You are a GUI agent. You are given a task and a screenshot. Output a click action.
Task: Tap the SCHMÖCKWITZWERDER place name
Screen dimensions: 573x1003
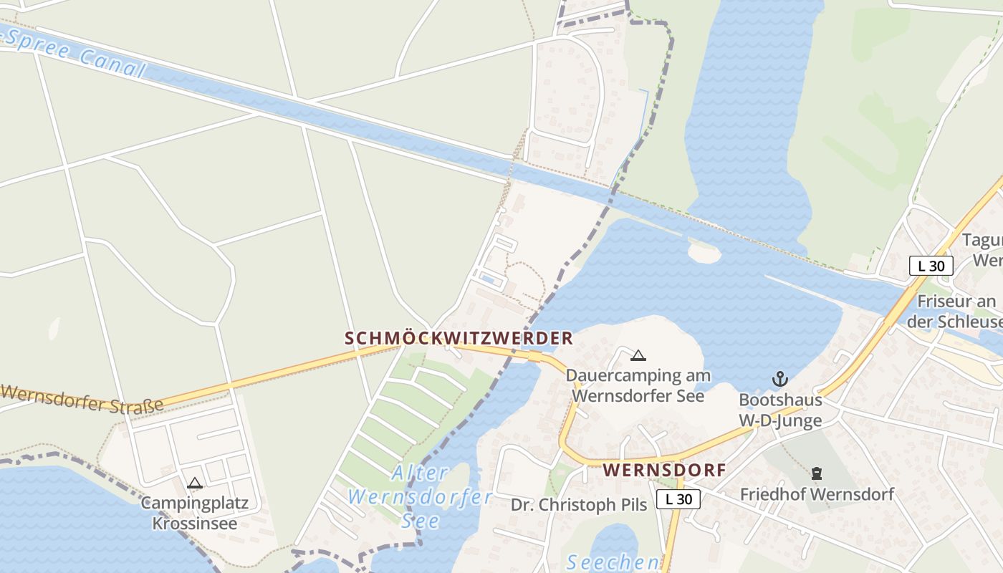(459, 338)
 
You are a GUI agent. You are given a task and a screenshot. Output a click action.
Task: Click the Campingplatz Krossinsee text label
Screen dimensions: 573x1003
(194, 513)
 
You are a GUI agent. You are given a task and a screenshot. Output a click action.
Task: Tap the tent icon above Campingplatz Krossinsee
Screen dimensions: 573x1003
(194, 483)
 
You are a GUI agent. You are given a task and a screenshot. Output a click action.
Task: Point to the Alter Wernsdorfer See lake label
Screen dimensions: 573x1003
(421, 496)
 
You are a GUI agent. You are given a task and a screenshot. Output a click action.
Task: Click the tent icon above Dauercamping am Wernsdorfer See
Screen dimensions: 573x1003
(638, 355)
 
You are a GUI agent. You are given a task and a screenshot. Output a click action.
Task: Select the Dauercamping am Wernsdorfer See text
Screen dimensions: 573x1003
(638, 385)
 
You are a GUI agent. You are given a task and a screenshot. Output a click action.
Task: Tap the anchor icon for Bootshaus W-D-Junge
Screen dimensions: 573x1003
(779, 379)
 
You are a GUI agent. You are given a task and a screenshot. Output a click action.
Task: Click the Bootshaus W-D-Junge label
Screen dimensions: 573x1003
(780, 410)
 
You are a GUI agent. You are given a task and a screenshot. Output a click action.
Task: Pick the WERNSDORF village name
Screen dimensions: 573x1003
(664, 471)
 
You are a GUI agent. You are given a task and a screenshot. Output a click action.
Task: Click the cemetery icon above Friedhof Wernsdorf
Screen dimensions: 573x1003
(816, 473)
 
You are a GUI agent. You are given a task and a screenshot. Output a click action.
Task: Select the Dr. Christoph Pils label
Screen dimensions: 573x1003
(579, 505)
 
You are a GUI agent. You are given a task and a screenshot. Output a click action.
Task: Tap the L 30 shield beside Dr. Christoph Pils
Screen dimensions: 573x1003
(678, 499)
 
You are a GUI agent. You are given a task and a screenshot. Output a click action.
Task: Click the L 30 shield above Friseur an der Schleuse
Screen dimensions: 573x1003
(931, 266)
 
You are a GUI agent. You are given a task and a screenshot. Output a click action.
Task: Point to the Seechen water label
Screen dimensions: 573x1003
(613, 562)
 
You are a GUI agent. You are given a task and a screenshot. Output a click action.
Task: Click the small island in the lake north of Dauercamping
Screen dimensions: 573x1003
(704, 254)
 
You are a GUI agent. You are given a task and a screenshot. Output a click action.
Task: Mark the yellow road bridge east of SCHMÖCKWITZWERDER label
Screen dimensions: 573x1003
(534, 356)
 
